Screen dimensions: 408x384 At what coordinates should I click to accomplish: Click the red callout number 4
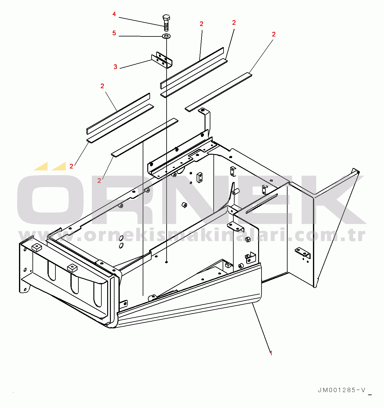pos(114,14)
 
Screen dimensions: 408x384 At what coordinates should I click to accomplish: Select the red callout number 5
pos(114,33)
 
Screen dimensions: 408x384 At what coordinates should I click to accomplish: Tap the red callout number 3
pos(115,67)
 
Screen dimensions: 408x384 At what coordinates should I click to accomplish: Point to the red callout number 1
pos(271,353)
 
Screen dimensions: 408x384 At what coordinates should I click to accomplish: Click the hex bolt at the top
pos(166,22)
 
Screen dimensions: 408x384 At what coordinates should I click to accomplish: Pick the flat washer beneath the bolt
pos(166,36)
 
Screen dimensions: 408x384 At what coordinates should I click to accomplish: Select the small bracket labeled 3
pos(162,60)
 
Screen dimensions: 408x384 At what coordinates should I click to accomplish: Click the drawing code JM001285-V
pos(341,390)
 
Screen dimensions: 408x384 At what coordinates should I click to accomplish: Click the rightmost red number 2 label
pos(274,34)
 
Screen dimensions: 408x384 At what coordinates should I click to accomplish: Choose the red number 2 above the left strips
pos(102,86)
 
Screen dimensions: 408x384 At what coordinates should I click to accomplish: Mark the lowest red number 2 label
pos(99,181)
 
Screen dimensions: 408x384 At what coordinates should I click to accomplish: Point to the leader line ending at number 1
pos(262,328)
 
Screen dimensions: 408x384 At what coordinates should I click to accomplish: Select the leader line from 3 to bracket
pos(136,64)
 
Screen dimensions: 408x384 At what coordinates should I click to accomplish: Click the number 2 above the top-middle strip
pos(201,24)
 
